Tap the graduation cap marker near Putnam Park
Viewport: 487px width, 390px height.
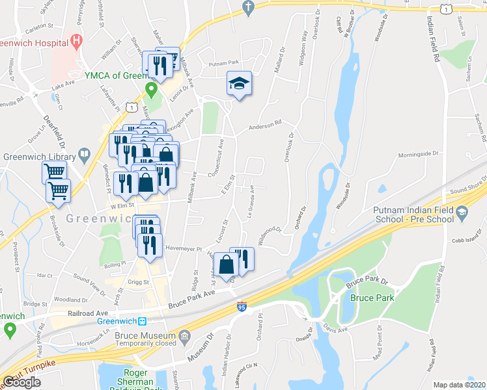click(x=239, y=84)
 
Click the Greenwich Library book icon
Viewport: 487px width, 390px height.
click(x=85, y=155)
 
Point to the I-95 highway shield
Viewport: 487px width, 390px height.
click(x=242, y=306)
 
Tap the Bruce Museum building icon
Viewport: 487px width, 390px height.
click(x=185, y=335)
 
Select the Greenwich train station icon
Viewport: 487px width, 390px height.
click(x=141, y=320)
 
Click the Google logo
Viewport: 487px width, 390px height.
click(x=21, y=382)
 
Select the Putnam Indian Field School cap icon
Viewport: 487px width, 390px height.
click(x=462, y=212)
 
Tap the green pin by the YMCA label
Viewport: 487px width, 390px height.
click(x=151, y=90)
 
